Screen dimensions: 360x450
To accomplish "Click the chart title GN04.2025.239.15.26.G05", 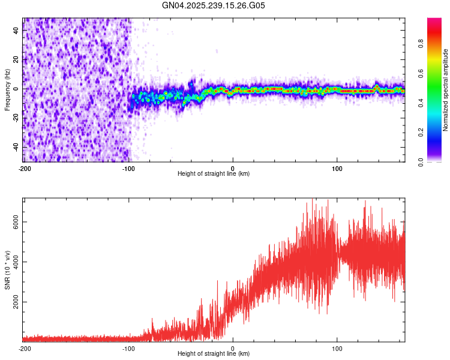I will (x=214, y=5).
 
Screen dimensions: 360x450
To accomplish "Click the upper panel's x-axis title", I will (x=214, y=174).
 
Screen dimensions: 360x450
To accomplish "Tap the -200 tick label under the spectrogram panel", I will (x=24, y=168).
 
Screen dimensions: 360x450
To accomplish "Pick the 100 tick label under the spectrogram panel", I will (x=337, y=168).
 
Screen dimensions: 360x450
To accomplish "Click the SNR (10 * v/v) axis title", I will (x=7, y=270).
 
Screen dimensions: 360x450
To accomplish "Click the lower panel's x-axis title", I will (x=214, y=354).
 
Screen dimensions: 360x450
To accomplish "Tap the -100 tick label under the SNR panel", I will (x=128, y=348).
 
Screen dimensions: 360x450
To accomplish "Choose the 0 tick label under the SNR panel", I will (x=233, y=348).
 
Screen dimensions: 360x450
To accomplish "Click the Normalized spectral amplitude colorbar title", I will (x=445, y=89).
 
